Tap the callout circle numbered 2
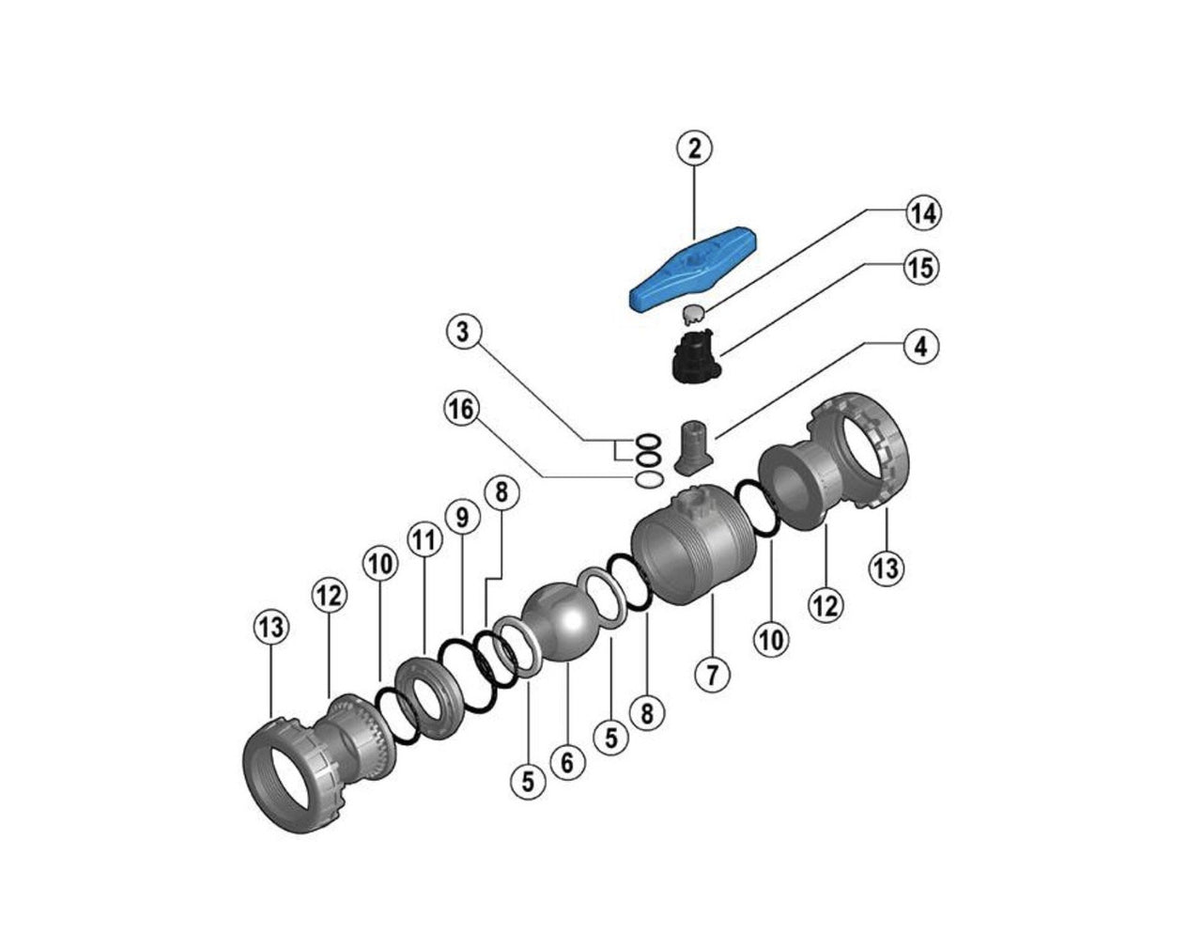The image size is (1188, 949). coord(694,149)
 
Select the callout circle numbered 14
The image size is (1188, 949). coord(921,213)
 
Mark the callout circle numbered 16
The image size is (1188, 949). coord(462,410)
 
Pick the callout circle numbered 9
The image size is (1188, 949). coord(462,517)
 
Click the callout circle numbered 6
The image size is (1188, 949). coord(566,762)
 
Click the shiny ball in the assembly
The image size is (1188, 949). coord(559,622)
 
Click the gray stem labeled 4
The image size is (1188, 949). coord(692,445)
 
